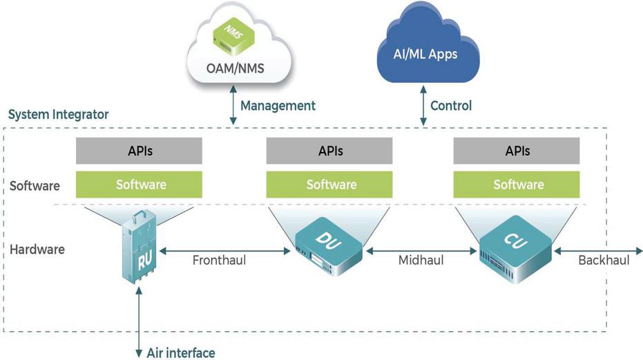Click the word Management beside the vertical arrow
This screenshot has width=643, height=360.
pyautogui.click(x=278, y=106)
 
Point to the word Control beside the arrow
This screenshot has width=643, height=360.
pyautogui.click(x=451, y=106)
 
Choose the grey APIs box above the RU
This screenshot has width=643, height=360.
pyautogui.click(x=141, y=150)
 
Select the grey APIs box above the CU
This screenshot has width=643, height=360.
pyautogui.click(x=519, y=150)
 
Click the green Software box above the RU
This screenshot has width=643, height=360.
pyautogui.click(x=141, y=184)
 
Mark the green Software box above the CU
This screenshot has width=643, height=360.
pyautogui.click(x=519, y=184)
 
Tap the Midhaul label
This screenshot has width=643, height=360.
pyautogui.click(x=421, y=260)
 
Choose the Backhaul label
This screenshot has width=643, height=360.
pyautogui.click(x=604, y=260)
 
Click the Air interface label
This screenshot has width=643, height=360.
pyautogui.click(x=181, y=352)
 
